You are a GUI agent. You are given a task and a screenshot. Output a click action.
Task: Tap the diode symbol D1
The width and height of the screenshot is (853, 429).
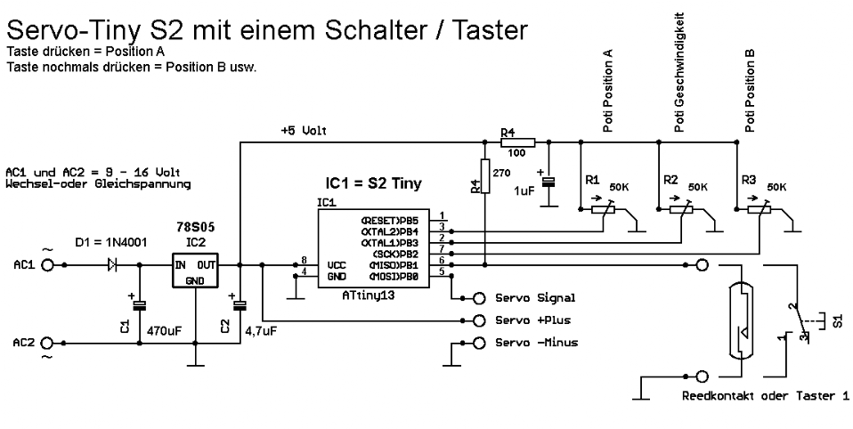112,264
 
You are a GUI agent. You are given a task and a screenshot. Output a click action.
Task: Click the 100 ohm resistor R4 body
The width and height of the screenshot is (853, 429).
517,142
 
